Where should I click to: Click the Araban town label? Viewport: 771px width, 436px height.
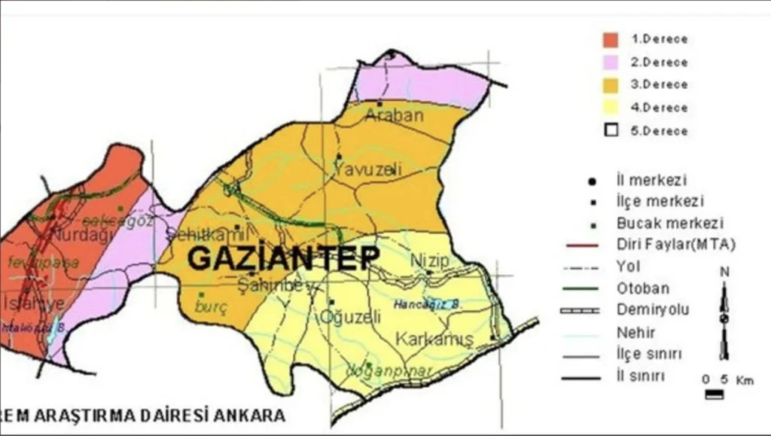coord(394,115)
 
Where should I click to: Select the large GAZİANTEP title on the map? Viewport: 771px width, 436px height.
coord(283,258)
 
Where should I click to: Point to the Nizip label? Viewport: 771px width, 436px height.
coord(429,261)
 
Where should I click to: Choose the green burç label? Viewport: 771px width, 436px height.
coord(211,306)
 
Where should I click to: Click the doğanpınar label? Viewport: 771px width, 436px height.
coord(378,370)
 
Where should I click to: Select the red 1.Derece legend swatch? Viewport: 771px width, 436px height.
coord(611,39)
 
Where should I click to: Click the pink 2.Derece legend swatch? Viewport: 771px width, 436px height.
coord(611,62)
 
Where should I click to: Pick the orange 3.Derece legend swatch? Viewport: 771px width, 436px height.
coord(611,84)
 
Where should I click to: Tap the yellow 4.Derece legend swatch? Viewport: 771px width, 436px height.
coord(611,108)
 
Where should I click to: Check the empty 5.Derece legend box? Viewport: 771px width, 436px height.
coord(611,130)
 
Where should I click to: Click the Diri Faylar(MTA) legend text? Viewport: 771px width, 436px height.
coord(665,245)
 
